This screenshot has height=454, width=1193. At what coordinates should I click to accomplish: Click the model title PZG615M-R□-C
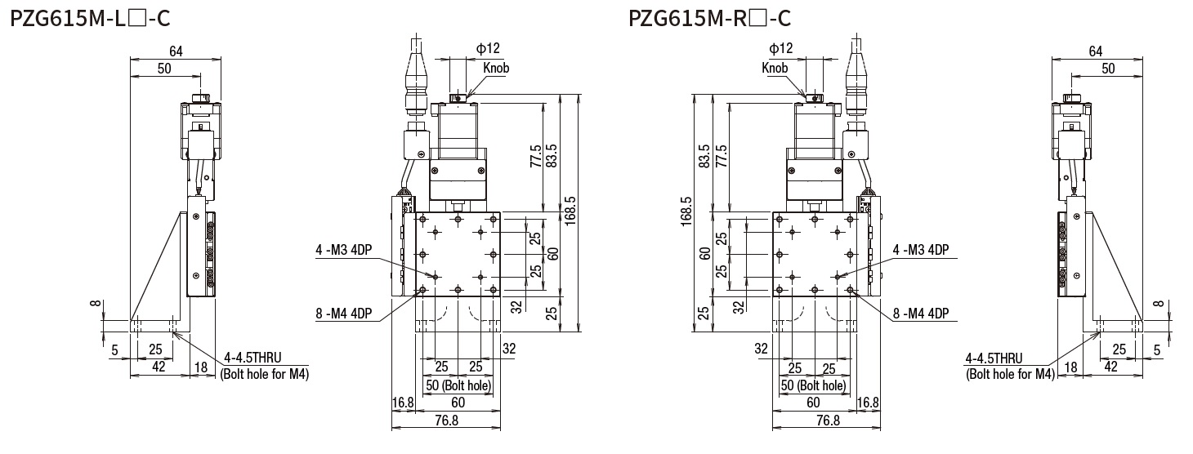pos(708,16)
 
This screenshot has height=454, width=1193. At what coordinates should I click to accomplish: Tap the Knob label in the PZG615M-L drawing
pos(495,68)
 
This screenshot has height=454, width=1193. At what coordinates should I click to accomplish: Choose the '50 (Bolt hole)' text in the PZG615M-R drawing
pos(813,385)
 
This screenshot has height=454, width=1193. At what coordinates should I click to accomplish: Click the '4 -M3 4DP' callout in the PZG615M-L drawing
pos(343,250)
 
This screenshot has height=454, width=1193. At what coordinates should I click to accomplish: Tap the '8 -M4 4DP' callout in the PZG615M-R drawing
pos(921,312)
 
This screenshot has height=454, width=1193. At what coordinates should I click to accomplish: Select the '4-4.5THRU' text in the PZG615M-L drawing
pos(254,358)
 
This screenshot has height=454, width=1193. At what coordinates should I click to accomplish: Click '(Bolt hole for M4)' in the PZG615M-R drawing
pos(1010,375)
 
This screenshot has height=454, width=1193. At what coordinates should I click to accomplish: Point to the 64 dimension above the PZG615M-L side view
pos(175,51)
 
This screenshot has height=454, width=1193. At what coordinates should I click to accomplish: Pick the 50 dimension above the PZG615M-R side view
pos(1107,69)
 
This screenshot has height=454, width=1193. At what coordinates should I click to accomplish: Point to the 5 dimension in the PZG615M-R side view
pos(1157,350)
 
